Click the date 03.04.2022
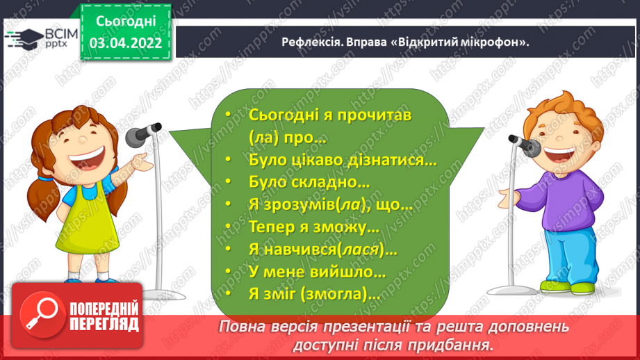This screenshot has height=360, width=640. (x=126, y=43)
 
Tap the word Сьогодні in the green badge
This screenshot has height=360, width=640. (x=126, y=22)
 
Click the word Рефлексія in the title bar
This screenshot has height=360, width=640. (x=311, y=42)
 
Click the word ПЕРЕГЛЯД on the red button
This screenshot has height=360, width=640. (x=104, y=325)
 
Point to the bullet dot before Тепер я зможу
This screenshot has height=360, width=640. (x=228, y=226)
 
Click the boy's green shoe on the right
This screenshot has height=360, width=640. (x=584, y=288)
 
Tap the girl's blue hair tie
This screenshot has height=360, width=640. (x=46, y=179)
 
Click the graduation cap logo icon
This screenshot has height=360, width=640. (x=24, y=39)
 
